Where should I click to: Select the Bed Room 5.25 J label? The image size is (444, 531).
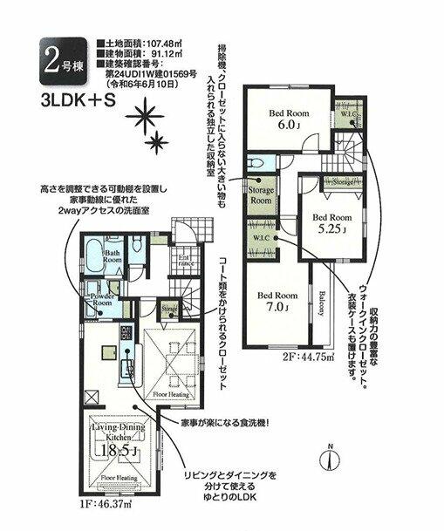tap(331, 223)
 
